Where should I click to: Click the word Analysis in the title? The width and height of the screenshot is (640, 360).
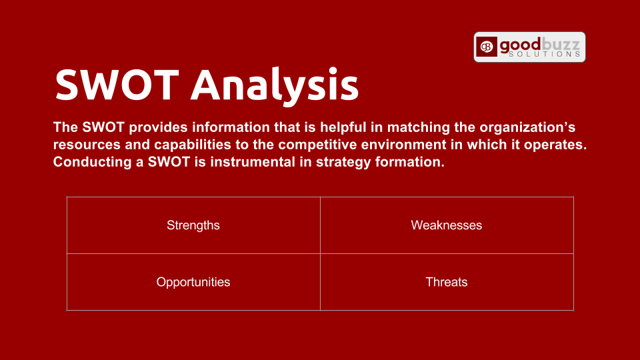(x=275, y=85)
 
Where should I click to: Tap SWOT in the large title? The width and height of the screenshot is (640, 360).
(x=117, y=85)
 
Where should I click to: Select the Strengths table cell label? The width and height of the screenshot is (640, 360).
(x=193, y=225)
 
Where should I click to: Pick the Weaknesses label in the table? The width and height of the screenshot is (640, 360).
(x=447, y=225)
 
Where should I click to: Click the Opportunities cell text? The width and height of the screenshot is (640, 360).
(x=193, y=282)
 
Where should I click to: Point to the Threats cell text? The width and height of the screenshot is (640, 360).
(x=447, y=282)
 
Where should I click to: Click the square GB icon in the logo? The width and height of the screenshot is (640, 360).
(x=487, y=47)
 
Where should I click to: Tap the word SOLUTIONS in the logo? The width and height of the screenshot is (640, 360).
(x=545, y=54)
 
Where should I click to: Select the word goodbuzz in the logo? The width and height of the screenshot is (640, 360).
(x=539, y=44)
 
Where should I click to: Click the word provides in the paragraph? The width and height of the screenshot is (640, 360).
(x=159, y=127)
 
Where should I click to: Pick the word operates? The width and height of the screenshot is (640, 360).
(x=555, y=145)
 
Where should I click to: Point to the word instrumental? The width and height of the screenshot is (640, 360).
(x=253, y=162)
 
